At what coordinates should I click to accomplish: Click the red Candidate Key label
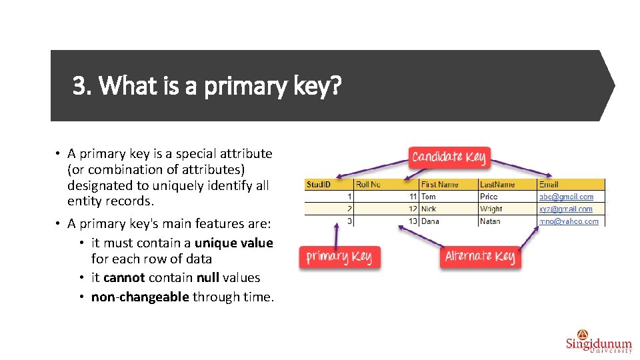tap(449, 157)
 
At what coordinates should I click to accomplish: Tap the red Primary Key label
tap(339, 257)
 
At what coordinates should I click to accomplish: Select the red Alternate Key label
tap(479, 257)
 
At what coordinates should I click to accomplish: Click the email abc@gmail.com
tap(566, 197)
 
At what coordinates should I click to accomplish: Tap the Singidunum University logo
tap(598, 341)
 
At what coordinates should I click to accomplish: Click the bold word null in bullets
tap(208, 278)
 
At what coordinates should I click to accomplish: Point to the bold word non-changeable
tap(140, 297)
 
